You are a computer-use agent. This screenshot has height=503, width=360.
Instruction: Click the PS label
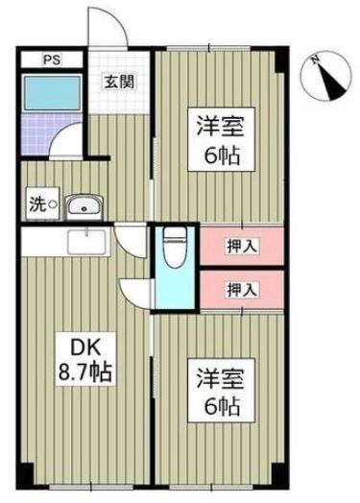pos(52,60)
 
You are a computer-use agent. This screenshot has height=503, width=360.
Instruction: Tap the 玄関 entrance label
pos(119,83)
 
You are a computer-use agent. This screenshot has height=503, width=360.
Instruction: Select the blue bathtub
pos(52,92)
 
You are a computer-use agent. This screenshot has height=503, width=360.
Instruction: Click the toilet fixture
pos(175,247)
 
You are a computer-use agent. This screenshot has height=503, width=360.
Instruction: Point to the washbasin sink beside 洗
pos(84,205)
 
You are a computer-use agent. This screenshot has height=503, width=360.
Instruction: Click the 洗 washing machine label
pos(37,204)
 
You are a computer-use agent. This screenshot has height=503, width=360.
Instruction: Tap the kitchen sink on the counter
pos(87,242)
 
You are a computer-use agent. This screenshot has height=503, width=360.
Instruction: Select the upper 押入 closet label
pos(242,247)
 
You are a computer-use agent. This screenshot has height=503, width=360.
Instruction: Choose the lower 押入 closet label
pos(242,289)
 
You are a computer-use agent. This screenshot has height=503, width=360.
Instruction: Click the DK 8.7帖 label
pos(85,360)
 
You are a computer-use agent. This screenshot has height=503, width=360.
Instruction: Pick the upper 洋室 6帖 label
pos(221,139)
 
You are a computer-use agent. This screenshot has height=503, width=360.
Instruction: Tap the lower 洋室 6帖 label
pos(221,391)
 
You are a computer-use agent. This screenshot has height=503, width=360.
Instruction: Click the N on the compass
pos(315,60)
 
